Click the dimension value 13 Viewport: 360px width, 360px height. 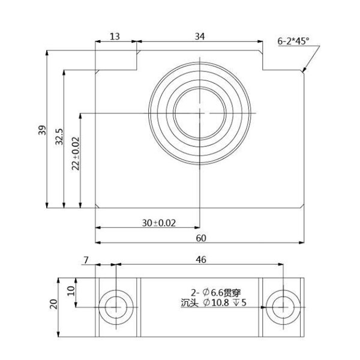click(115, 37)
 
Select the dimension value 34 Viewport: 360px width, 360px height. click(200, 37)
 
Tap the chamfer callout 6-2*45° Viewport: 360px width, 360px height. click(293, 41)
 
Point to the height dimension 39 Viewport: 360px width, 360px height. click(42, 130)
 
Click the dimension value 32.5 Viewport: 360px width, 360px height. click(59, 136)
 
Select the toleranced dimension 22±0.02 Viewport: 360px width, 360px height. click(76, 154)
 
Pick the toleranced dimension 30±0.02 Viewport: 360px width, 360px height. click(159, 223)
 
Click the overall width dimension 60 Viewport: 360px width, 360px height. click(201, 238)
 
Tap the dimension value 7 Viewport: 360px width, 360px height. click(86, 260)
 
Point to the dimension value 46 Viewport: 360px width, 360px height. click(201, 260)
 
